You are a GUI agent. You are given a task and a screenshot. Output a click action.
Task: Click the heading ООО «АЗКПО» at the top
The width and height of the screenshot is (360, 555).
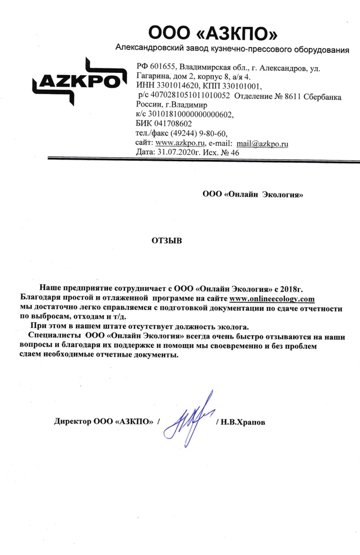coord(213,34)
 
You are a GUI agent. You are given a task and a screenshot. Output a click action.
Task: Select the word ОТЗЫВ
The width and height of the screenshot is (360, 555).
coord(165,240)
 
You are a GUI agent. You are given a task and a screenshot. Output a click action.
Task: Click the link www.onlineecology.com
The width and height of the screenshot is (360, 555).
coord(272,299)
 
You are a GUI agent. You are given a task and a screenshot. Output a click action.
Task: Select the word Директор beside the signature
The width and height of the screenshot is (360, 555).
coord(72,422)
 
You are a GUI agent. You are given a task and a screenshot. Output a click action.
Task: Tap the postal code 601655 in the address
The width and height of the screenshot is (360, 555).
coord(163,68)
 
